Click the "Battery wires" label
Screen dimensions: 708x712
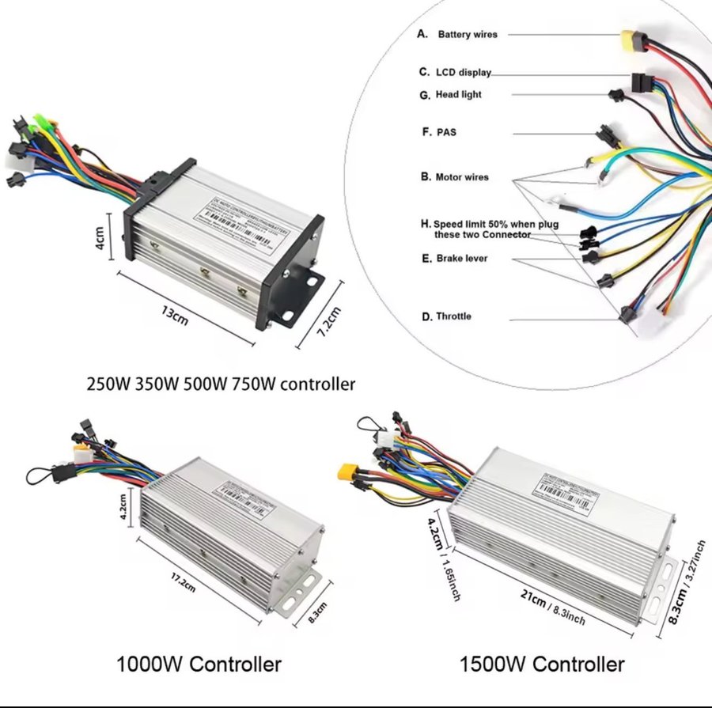pos(467,35)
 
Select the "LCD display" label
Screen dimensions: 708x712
pos(463,72)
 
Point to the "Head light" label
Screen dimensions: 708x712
pos(458,95)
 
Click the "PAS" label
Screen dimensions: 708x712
pos(446,132)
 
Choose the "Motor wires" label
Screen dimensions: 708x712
pos(461,177)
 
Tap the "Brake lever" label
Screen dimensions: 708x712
pos(461,259)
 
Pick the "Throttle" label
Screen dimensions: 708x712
pos(453,316)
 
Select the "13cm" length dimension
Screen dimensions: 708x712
pos(176,316)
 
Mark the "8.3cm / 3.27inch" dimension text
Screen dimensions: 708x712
pos(684,582)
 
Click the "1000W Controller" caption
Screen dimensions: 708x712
pos(198,664)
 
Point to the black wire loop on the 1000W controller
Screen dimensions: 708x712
pos(40,478)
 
